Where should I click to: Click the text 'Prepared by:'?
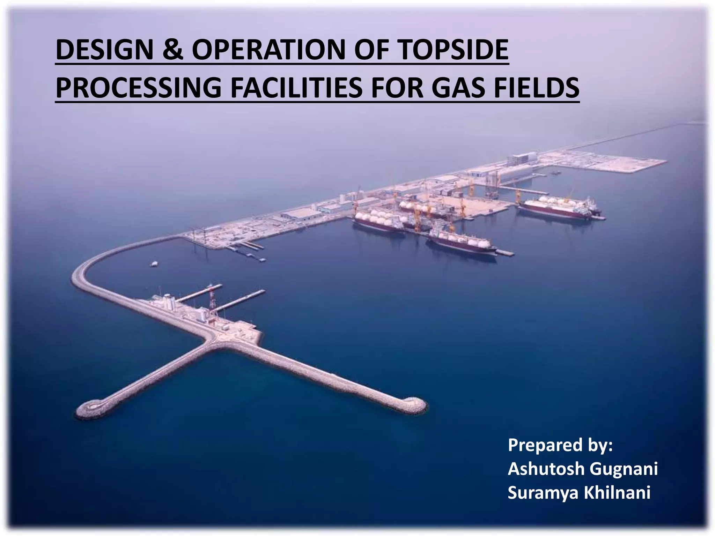[x=560, y=445]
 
